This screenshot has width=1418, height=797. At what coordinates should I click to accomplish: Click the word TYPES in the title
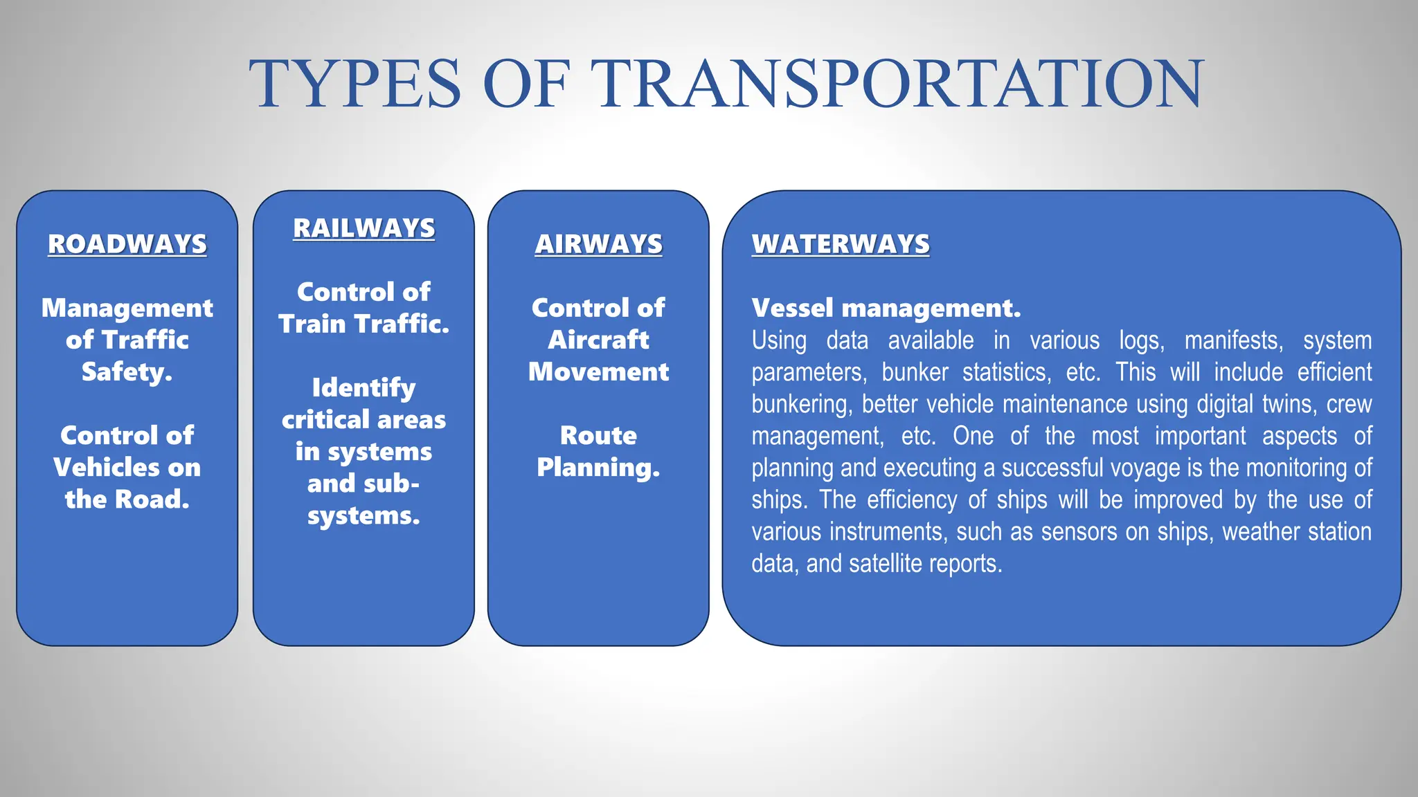(354, 84)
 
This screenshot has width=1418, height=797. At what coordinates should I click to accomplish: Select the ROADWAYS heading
(127, 244)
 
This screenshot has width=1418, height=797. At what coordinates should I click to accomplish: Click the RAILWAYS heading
(364, 228)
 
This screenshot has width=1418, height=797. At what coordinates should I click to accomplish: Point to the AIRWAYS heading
(598, 244)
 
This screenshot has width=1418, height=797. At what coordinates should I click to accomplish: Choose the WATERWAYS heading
(841, 244)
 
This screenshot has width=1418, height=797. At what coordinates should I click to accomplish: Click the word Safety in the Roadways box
(125, 372)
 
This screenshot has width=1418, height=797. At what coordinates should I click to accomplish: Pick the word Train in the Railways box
(312, 324)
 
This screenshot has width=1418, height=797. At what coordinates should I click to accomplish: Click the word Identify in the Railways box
(364, 388)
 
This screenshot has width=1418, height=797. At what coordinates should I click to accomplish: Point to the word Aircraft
(598, 340)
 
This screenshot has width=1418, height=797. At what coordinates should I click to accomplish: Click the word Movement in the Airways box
(598, 372)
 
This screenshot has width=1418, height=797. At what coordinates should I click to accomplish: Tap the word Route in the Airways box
(598, 436)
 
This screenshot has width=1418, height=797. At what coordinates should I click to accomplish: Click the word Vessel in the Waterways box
(793, 308)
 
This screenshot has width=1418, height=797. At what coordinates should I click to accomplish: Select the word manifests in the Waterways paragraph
(1232, 340)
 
